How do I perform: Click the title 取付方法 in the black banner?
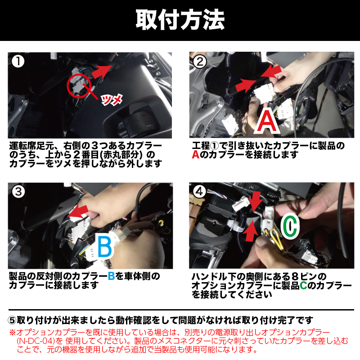click(x=180, y=20)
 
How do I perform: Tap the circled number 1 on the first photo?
click(x=18, y=61)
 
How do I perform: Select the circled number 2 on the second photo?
click(x=200, y=62)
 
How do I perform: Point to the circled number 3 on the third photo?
click(x=18, y=192)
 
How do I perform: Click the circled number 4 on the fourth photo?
click(x=199, y=191)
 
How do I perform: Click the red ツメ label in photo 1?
click(x=112, y=100)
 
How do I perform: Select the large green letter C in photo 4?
click(x=290, y=226)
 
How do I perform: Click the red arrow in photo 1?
click(x=102, y=71)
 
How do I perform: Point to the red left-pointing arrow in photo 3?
click(x=78, y=211)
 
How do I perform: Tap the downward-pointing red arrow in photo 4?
click(x=256, y=201)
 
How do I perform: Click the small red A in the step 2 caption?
click(x=196, y=155)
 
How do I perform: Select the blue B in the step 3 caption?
click(x=111, y=276)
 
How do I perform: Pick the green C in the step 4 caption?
click(x=303, y=285)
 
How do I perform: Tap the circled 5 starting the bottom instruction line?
click(x=12, y=320)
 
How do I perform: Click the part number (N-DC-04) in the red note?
click(x=36, y=341)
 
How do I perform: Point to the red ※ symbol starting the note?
click(x=13, y=332)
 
